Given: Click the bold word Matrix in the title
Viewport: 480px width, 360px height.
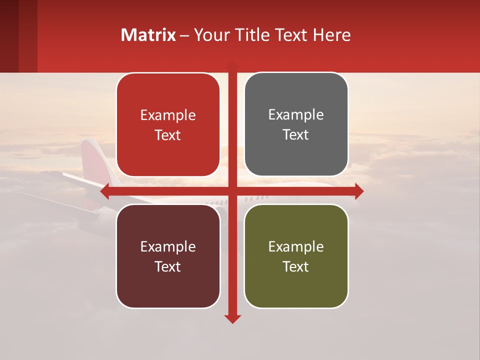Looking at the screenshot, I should tap(148, 35).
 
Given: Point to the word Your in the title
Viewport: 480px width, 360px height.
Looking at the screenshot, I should tap(210, 35).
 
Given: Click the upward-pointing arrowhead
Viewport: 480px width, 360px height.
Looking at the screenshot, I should tap(232, 65).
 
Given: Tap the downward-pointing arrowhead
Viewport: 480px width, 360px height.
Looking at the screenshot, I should tap(232, 318).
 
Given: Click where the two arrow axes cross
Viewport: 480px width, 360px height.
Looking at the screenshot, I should tap(232, 191).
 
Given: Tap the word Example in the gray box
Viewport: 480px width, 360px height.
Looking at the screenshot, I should tap(296, 114).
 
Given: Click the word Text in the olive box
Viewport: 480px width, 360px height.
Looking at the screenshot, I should tap(296, 266).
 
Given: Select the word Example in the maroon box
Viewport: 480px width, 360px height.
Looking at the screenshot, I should tap(168, 246).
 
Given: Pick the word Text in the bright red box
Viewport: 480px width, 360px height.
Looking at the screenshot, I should tap(168, 135).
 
